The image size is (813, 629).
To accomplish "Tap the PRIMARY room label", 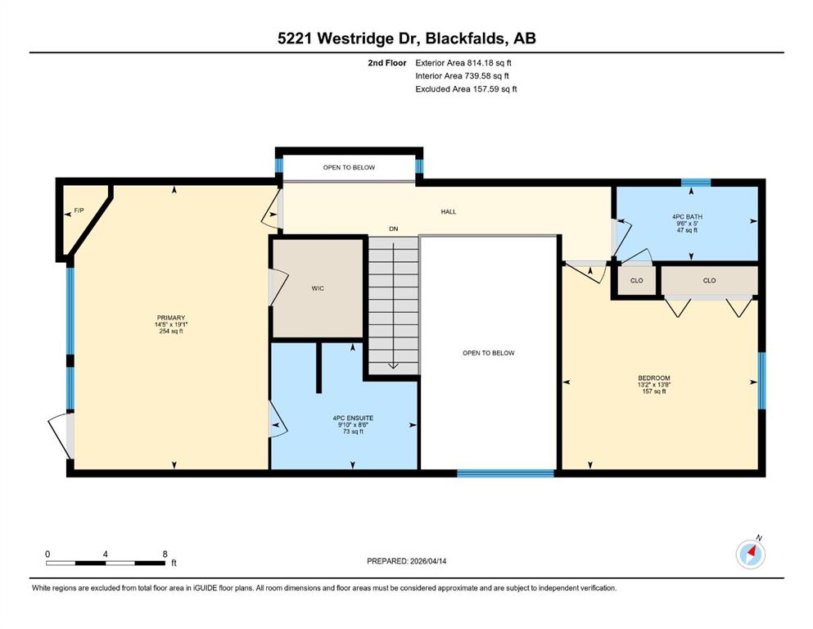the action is tap(171, 318).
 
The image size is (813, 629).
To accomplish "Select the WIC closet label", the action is tap(318, 288).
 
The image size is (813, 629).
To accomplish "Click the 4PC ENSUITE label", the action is tap(353, 418).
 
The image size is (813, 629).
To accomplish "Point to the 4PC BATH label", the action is tap(687, 217).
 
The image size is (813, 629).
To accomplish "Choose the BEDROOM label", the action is tap(654, 378).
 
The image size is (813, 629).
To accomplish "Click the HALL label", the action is tap(449, 211).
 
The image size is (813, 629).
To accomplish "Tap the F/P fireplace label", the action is tap(79, 210).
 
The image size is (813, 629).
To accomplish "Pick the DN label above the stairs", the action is tap(394, 229).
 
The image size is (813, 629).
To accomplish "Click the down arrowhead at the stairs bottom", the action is tap(393, 365).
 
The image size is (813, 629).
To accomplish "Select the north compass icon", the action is tap(750, 554).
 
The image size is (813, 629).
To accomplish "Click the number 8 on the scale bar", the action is tap(165, 554).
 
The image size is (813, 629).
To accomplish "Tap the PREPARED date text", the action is tap(406, 561).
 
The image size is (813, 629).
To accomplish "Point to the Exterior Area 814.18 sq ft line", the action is tap(463, 63).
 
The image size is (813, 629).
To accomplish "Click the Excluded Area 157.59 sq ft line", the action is tap(466, 88).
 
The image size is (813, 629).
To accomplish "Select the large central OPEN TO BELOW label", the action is tap(489, 353).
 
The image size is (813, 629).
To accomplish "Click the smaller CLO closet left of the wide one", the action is tap(637, 281).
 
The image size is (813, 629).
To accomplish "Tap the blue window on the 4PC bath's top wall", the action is tap(695, 182).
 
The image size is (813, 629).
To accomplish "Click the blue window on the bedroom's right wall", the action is tap(761, 381).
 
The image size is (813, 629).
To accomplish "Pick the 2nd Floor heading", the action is tap(386, 63).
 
